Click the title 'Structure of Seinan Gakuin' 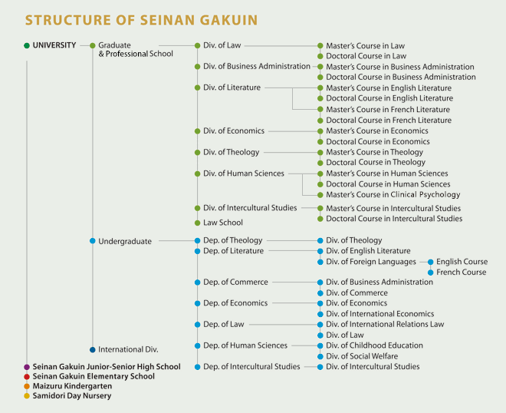click(x=141, y=20)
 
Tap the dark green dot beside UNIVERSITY click(x=27, y=45)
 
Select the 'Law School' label click(x=222, y=223)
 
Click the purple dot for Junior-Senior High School click(x=27, y=367)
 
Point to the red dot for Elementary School click(x=27, y=377)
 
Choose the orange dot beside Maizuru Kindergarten click(x=27, y=386)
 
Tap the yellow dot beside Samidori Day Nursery click(x=27, y=396)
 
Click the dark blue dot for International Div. click(x=93, y=349)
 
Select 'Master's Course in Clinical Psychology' click(x=393, y=194)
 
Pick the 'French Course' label click(x=461, y=273)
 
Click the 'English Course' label click(x=462, y=262)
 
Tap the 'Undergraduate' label click(x=125, y=241)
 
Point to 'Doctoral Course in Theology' click(x=376, y=162)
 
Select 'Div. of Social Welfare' click(x=362, y=356)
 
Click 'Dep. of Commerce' click(x=235, y=282)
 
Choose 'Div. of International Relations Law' click(x=385, y=324)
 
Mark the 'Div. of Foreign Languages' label click(x=371, y=262)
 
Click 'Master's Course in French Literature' click(x=388, y=110)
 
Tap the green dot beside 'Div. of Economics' click(x=198, y=131)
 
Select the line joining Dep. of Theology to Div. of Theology click(x=292, y=241)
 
